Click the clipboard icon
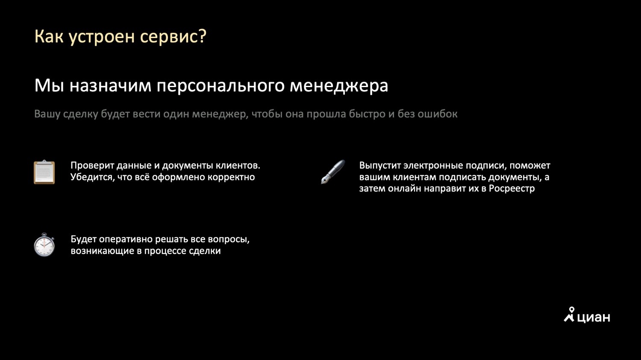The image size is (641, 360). (x=44, y=172)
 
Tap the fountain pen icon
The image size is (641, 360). (x=333, y=172)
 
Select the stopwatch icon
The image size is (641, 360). (x=44, y=245)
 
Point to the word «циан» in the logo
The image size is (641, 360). (x=594, y=317)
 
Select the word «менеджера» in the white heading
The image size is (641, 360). (x=339, y=85)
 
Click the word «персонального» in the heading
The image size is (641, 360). (x=221, y=86)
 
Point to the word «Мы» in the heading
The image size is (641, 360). (x=49, y=85)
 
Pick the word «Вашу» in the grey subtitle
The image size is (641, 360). (x=47, y=114)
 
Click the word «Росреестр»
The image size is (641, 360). (x=512, y=189)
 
